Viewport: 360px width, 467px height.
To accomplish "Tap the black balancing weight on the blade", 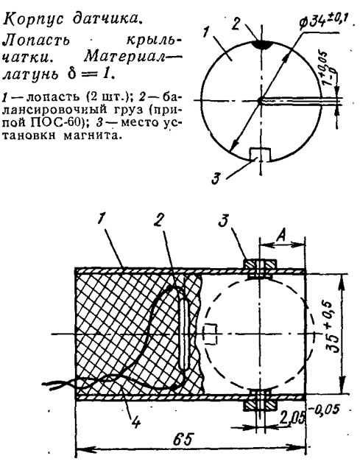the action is (x=261, y=44).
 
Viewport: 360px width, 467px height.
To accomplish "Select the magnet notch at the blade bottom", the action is (x=261, y=154).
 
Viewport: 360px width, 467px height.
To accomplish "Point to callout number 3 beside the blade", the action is (x=216, y=179).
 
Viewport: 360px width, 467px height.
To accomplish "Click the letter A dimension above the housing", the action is (x=280, y=236).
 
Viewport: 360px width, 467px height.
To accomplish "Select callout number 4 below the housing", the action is (x=135, y=422).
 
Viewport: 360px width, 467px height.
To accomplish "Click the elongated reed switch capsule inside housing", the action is (x=186, y=323).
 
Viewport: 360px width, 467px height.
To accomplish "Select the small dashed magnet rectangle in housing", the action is (x=211, y=334).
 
